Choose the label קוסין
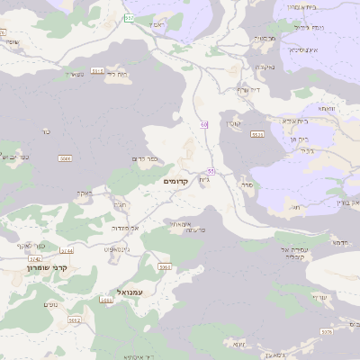point(233,122)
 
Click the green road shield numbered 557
point(130,18)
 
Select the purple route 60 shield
point(204,124)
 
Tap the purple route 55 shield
point(211,171)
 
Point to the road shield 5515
point(97,69)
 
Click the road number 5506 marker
point(65,158)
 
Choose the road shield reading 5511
point(258,134)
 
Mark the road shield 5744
point(67,250)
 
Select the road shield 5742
point(35,258)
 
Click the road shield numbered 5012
point(74,319)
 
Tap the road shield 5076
point(326,332)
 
